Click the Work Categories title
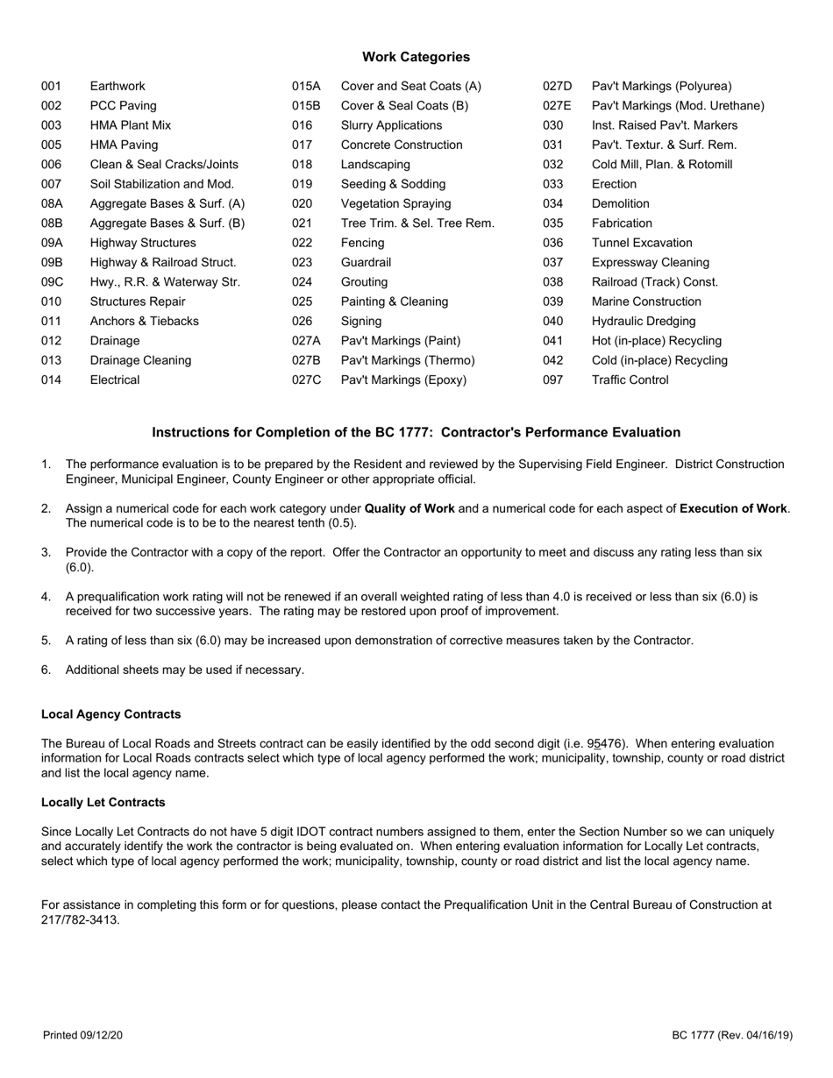point(416,57)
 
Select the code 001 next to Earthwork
point(52,86)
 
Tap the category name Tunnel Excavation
point(642,243)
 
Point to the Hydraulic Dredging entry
point(644,322)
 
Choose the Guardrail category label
point(366,262)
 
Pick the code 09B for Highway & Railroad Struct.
point(53,262)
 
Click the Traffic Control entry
point(630,380)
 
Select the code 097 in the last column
point(553,380)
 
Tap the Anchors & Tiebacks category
point(145,322)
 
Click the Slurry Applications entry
point(391,125)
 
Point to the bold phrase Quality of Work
point(409,508)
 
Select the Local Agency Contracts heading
point(111,714)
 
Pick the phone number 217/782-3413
point(81,920)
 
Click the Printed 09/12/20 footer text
point(82,1036)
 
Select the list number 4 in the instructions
point(46,597)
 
